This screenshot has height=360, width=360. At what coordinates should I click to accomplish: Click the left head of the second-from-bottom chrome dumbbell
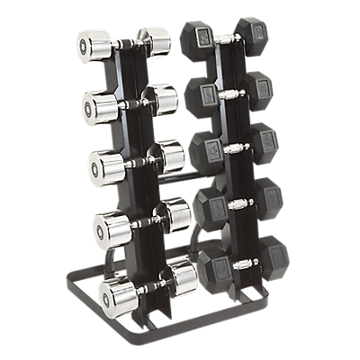point(108,228)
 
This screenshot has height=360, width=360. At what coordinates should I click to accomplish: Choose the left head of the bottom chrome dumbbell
point(116,292)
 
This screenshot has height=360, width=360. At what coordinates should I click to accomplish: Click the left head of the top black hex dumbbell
point(197,40)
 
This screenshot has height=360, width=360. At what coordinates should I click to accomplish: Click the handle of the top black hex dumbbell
point(224,38)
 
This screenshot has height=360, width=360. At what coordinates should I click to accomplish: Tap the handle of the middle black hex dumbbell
point(236,146)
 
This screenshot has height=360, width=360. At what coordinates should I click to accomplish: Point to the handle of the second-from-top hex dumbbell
point(230,91)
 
